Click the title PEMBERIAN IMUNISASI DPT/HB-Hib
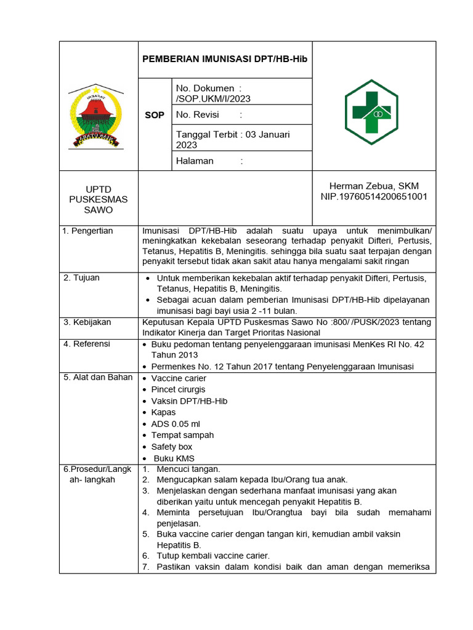click(225, 59)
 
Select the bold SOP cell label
click(155, 115)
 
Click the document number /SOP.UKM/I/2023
click(213, 98)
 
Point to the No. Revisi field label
click(198, 114)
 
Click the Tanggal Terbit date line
click(233, 139)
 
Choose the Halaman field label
click(195, 161)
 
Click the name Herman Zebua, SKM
click(374, 186)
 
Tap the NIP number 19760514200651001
click(374, 197)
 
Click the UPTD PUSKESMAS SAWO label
click(99, 199)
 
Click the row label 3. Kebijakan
click(87, 322)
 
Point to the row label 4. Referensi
click(87, 344)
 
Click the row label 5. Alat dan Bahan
click(98, 377)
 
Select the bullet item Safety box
click(172, 447)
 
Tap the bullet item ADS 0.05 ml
click(176, 424)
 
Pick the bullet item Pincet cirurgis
click(179, 389)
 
